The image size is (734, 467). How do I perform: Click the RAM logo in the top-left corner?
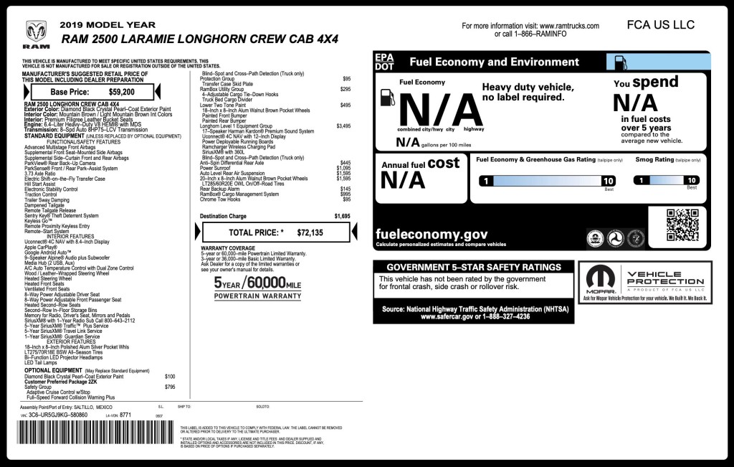tap(36, 33)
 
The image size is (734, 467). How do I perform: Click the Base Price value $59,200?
tap(121, 92)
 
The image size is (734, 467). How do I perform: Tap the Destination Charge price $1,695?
tap(343, 215)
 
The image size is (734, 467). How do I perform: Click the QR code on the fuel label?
tap(682, 225)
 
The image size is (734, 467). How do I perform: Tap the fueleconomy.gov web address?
tap(432, 234)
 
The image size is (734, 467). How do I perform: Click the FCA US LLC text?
tap(660, 24)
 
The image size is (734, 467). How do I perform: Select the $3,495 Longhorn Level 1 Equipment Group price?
tap(343, 126)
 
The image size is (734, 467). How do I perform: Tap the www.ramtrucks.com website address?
tap(569, 26)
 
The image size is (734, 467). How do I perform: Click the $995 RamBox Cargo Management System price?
tap(345, 194)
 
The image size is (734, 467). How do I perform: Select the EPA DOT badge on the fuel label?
tap(385, 61)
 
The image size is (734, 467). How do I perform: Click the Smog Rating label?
tap(654, 159)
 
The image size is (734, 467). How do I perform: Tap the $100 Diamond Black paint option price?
tap(170, 376)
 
